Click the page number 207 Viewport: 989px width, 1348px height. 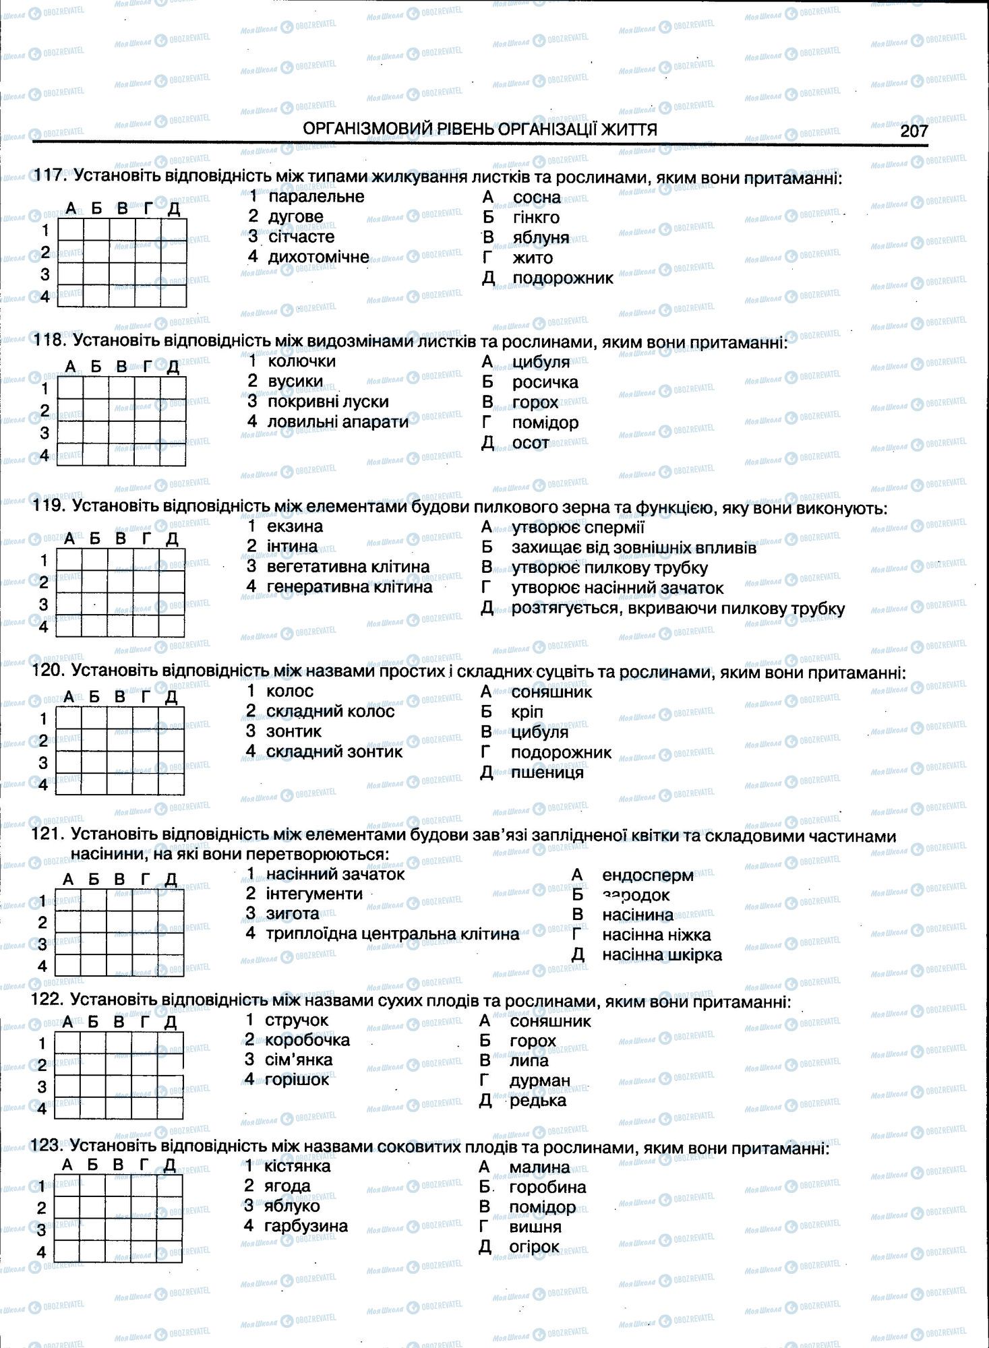(913, 131)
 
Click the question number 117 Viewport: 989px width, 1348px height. (50, 176)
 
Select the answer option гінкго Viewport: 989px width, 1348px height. (535, 217)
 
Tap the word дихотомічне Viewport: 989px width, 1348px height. (318, 257)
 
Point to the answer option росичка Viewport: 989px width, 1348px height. (545, 382)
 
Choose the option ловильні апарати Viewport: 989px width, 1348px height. (338, 422)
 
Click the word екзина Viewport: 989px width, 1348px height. (295, 526)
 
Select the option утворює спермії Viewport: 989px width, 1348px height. (577, 527)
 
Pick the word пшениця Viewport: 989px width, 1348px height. (547, 772)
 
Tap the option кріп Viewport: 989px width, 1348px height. (527, 712)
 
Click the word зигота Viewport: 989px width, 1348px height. (292, 913)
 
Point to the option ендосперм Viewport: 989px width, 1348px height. (647, 875)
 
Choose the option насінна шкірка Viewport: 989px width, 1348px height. (661, 954)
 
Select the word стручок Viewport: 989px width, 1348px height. (297, 1020)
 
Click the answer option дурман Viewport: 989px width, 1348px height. (540, 1080)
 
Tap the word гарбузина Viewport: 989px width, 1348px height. (305, 1225)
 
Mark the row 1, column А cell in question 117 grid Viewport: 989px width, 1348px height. (71, 231)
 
